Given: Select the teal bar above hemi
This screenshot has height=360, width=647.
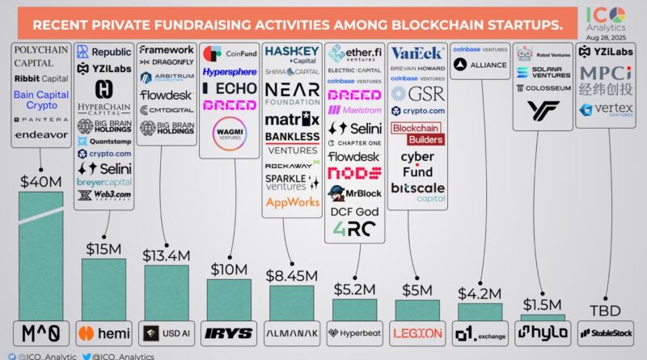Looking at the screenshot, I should (x=103, y=289).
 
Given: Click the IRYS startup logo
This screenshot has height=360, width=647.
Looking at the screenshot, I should (x=230, y=332).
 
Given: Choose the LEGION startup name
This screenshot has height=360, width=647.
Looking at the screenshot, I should (x=417, y=332).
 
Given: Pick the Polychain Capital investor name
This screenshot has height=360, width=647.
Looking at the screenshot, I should (x=41, y=55).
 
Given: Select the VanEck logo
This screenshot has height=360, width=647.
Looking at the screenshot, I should (x=417, y=53).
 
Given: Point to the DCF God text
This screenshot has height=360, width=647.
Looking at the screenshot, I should (x=355, y=212).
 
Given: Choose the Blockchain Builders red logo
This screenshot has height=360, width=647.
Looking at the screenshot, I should (x=417, y=133).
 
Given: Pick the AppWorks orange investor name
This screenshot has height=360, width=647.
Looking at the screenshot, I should (x=293, y=202).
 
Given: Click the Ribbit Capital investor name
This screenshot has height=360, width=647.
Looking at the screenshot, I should (x=41, y=78).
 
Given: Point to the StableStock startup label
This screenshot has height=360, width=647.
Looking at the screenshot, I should (x=608, y=332).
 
